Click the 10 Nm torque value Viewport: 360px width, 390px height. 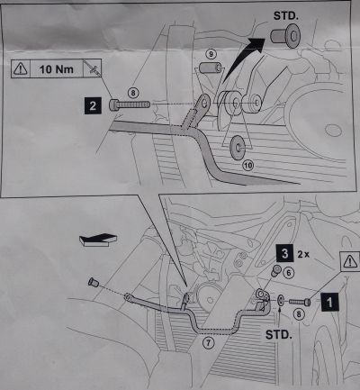click(57, 69)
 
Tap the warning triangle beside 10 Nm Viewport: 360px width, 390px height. click(21, 68)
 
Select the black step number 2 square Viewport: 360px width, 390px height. click(93, 105)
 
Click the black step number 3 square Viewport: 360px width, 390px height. click(284, 253)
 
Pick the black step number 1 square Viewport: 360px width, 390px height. click(329, 302)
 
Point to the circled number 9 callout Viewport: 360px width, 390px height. click(211, 54)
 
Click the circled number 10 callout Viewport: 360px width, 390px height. click(248, 165)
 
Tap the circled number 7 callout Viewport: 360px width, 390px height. click(208, 342)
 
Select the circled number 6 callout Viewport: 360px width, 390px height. click(289, 273)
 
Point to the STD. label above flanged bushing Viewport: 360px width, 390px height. click(286, 15)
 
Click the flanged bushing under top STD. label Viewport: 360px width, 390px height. click(285, 36)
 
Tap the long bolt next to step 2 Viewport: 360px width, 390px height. click(130, 104)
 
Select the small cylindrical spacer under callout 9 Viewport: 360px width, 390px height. click(211, 68)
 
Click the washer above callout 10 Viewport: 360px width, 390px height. click(238, 148)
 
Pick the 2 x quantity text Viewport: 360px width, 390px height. click(303, 255)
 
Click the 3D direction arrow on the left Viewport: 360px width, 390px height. click(98, 240)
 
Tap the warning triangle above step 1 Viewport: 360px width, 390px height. click(350, 261)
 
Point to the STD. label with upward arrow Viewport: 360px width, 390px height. click(278, 334)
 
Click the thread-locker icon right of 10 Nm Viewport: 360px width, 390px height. click(92, 68)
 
